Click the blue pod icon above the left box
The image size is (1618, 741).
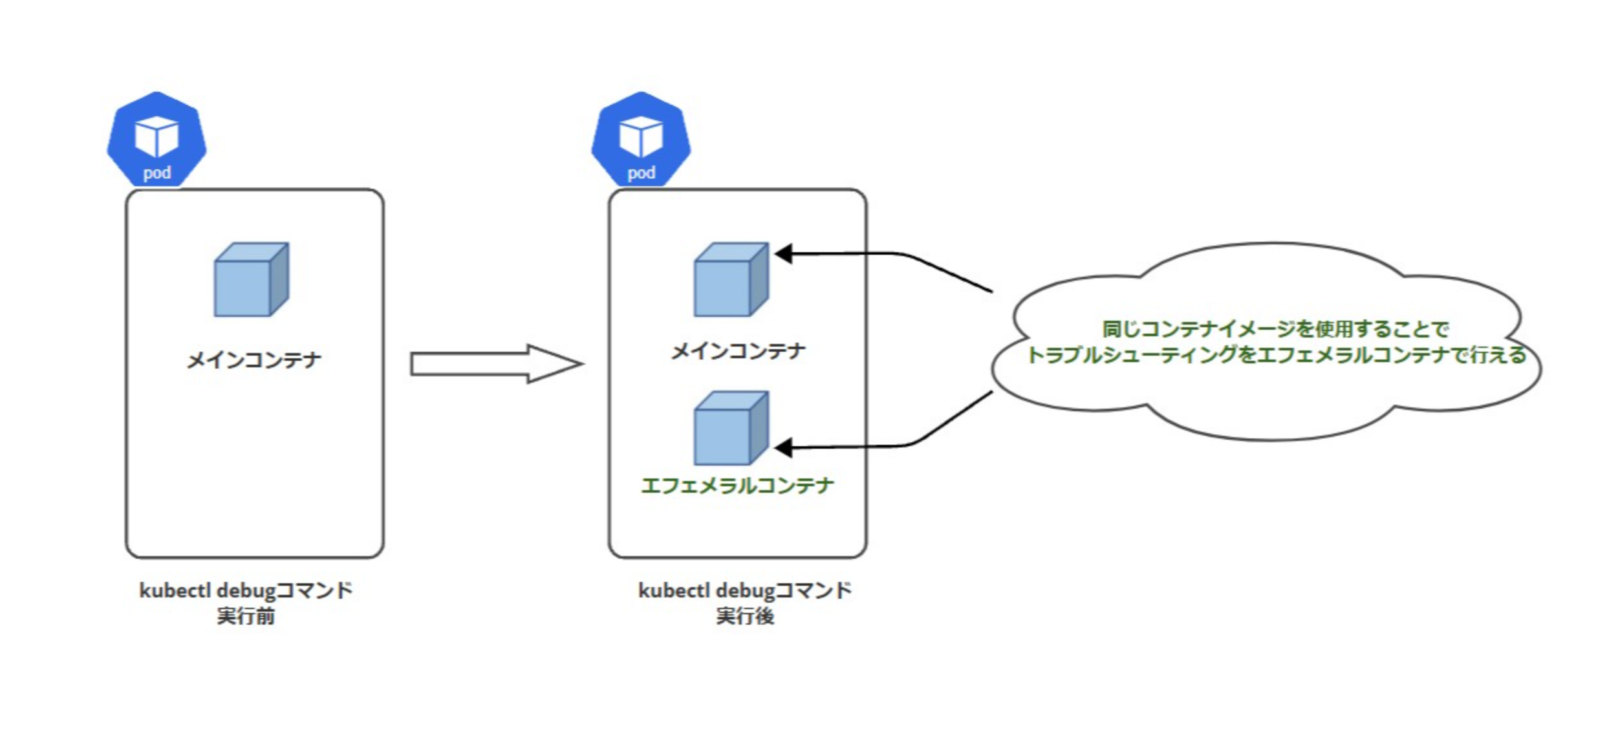(156, 139)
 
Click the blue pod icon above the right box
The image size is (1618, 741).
(641, 139)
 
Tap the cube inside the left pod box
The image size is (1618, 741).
(251, 279)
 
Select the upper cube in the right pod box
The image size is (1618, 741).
(731, 279)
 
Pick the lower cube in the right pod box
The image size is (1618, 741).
(731, 428)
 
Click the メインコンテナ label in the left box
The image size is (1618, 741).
(254, 360)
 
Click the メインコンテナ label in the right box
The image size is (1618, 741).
(738, 351)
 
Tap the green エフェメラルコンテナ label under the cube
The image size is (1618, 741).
(737, 485)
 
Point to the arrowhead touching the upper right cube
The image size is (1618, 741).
(783, 253)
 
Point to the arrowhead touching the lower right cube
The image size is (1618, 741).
(783, 447)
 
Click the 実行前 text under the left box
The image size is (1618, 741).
(246, 616)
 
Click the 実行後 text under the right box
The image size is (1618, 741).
(745, 616)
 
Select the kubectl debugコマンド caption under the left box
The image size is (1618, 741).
(246, 590)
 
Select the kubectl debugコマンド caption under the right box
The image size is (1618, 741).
(745, 590)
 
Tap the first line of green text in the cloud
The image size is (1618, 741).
(1275, 329)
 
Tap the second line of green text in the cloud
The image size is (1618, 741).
(1276, 355)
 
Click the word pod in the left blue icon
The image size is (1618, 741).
(157, 173)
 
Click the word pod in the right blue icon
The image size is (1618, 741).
(642, 173)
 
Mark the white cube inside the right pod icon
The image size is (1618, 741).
(641, 136)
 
